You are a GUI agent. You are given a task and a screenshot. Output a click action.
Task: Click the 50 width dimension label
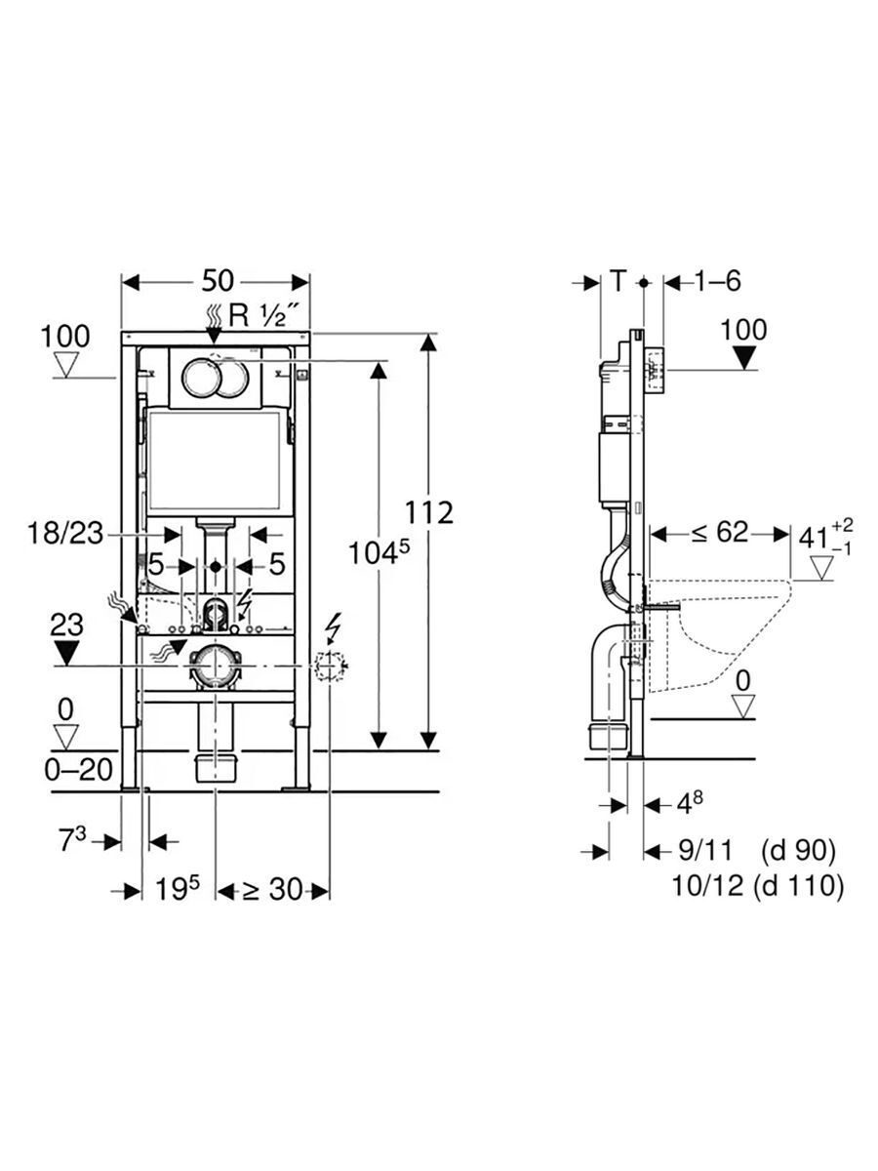pos(218,281)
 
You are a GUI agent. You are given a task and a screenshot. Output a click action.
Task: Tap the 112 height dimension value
pos(428,512)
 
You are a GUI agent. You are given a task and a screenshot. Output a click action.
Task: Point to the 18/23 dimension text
pos(65,534)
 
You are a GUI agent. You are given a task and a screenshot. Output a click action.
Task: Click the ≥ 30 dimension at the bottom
pos(272,889)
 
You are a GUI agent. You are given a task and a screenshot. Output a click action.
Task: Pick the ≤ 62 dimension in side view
pos(720,533)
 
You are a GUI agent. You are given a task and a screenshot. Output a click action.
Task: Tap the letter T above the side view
pos(618,281)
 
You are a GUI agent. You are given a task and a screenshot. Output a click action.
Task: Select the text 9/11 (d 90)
pos(756,850)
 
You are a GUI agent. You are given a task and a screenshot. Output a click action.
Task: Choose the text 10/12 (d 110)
pos(757,886)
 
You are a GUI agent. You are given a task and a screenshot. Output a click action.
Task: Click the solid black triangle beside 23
pos(66,653)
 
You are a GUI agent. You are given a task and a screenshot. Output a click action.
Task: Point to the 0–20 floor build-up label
pos(79,770)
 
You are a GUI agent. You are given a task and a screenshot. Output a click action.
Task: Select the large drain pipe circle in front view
pos(215,666)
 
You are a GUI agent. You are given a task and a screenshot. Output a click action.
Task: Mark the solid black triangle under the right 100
pos(744,357)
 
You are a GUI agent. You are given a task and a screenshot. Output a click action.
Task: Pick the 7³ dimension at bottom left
pos(72,841)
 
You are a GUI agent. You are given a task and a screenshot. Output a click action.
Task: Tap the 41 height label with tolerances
pos(825,538)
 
